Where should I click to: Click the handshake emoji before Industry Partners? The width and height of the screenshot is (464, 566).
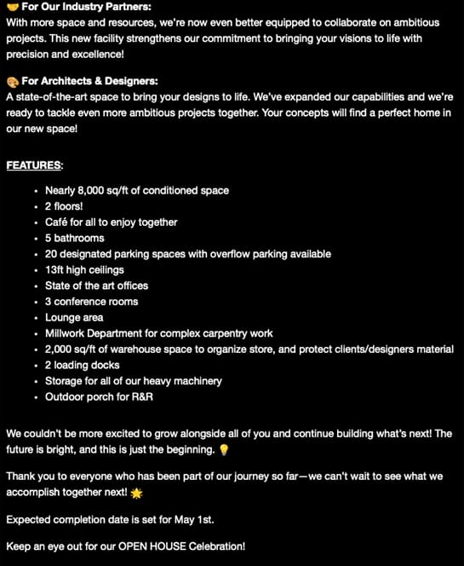coord(12,8)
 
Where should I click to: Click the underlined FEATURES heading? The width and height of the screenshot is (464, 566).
coord(35,165)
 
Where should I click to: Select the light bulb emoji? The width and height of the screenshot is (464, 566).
coord(224,449)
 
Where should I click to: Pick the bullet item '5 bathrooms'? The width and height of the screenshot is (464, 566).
coord(74,238)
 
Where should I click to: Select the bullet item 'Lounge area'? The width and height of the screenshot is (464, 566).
coord(74,318)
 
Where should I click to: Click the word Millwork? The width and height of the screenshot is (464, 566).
coord(68,333)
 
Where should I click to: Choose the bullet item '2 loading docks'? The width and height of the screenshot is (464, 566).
coord(85,365)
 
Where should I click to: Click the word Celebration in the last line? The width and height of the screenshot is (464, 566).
coord(218,546)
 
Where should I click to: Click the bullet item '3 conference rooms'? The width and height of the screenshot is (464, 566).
coord(91,302)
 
